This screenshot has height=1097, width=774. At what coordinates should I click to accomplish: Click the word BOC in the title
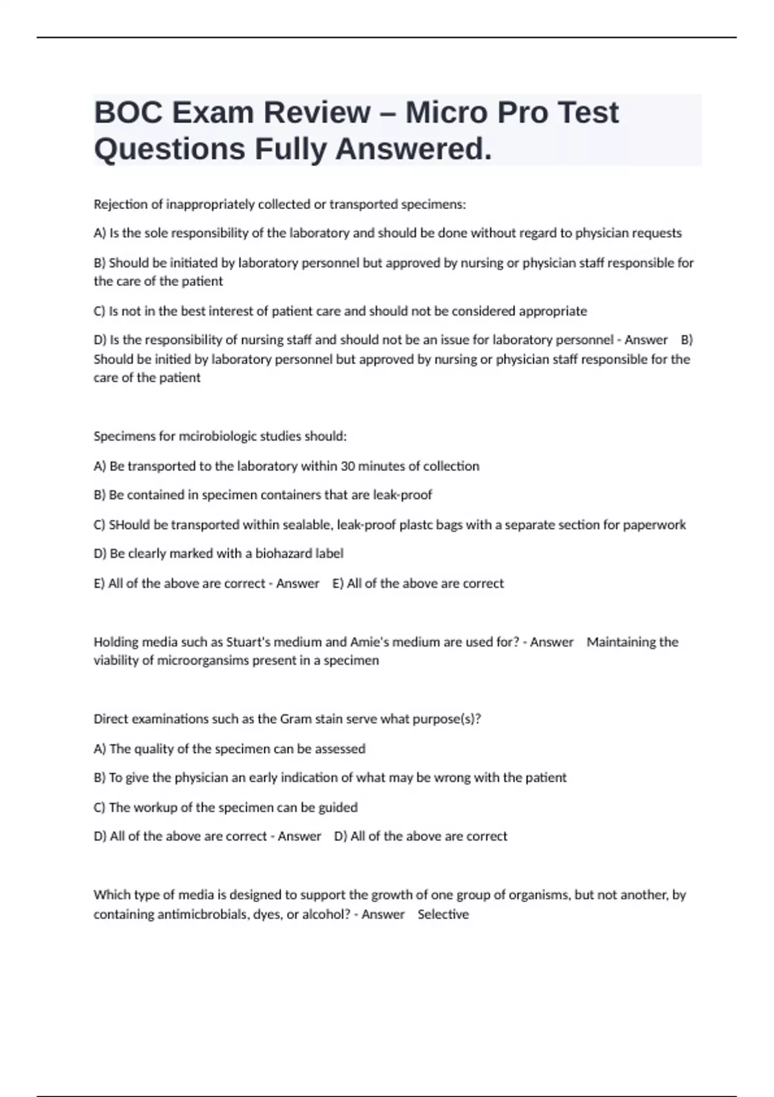[x=126, y=113]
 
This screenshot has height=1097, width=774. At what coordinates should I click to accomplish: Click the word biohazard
[x=283, y=554]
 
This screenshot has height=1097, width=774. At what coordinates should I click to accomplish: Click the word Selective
[x=443, y=914]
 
